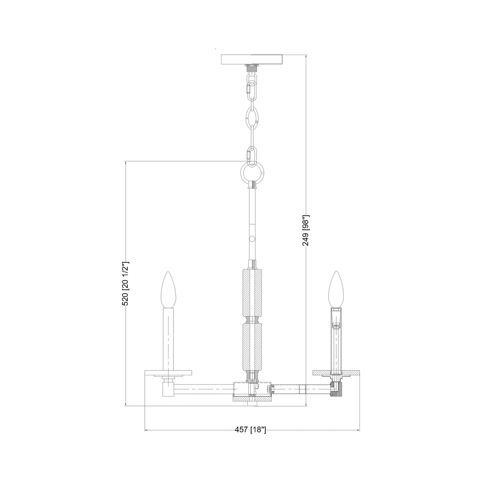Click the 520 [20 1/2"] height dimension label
(125, 283)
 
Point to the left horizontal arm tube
(203, 389)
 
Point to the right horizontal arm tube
(300, 389)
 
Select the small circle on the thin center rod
(252, 238)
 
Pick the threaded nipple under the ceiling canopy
(253, 69)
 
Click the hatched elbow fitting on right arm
(335, 390)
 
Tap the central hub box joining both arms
(253, 389)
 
